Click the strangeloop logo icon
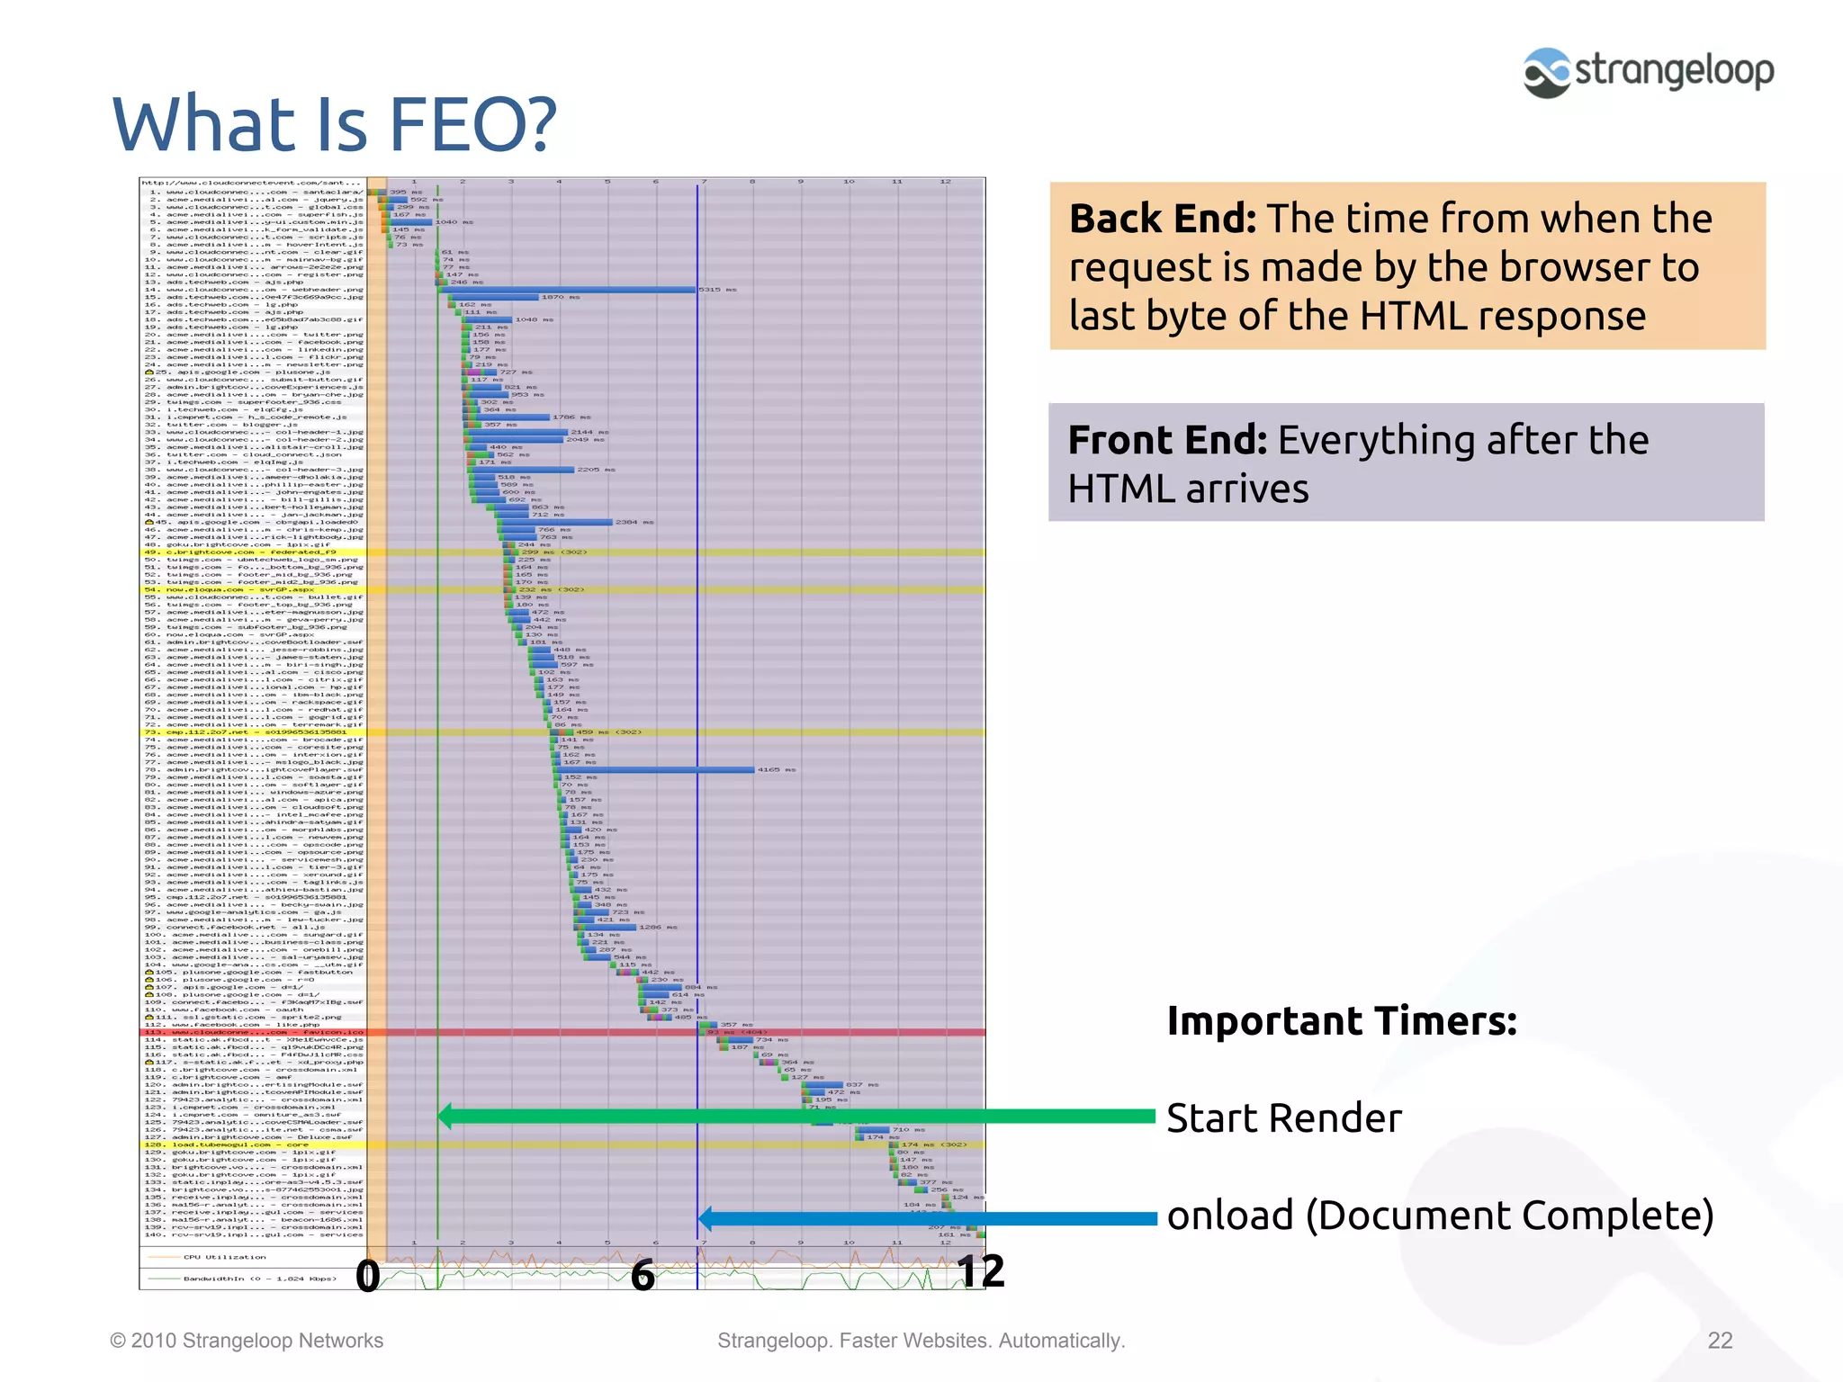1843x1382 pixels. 1547,73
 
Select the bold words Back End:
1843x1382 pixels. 1162,219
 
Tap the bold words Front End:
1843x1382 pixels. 1166,440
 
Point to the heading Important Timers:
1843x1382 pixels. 1341,1021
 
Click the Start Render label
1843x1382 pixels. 1283,1118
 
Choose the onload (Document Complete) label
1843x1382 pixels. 1440,1216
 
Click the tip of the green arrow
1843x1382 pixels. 441,1117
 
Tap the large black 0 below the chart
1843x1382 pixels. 367,1275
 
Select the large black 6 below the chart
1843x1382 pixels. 642,1275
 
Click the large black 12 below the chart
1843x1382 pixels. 980,1271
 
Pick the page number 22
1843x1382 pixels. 1720,1341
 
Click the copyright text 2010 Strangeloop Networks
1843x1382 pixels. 256,1341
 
